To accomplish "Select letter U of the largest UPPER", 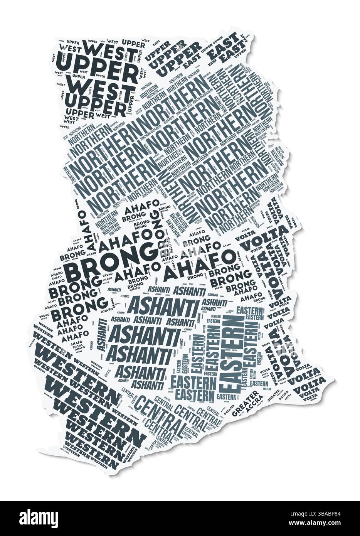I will [x=66, y=64].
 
